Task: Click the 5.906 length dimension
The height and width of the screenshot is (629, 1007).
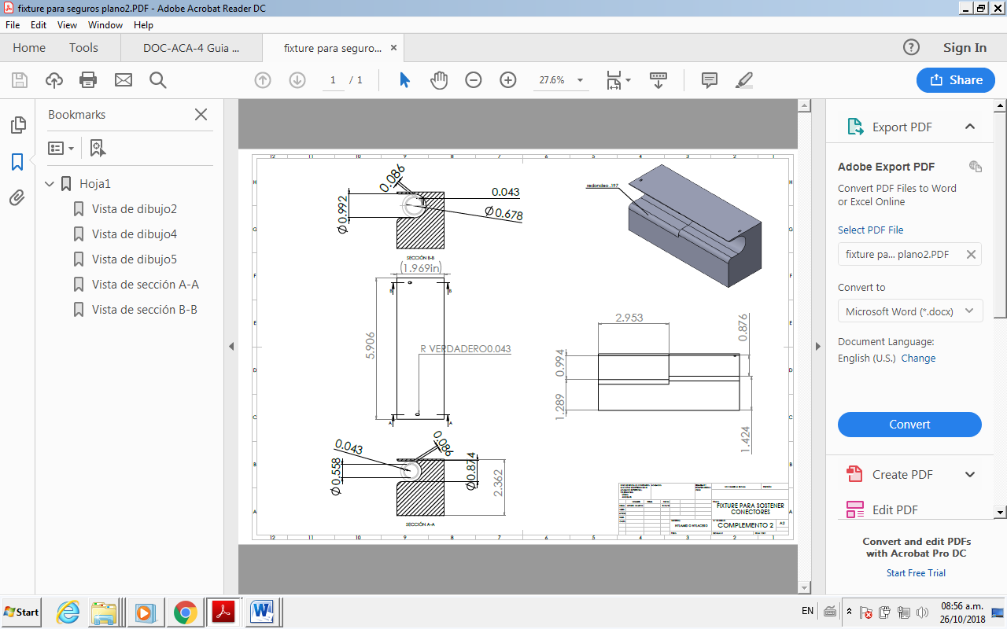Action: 371,345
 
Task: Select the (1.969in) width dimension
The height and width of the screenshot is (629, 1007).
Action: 425,268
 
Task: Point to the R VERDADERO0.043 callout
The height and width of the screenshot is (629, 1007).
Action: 465,348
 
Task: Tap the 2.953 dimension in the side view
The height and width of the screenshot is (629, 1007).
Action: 629,318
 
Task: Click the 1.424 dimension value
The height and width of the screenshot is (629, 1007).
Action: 745,440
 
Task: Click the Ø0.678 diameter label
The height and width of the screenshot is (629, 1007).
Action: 503,213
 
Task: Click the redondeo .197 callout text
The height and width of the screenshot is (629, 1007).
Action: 603,186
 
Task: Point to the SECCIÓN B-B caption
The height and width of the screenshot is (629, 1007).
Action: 420,258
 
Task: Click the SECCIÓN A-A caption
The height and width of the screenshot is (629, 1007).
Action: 420,524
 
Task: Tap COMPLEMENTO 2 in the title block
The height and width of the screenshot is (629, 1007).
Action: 745,524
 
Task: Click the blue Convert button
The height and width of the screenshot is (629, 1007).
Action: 909,425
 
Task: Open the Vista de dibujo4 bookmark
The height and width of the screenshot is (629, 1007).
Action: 134,234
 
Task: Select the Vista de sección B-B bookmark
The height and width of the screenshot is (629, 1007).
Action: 144,310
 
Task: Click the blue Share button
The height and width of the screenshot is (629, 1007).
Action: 955,80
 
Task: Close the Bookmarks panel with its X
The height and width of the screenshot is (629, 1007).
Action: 201,115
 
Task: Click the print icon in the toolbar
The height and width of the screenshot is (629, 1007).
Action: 88,80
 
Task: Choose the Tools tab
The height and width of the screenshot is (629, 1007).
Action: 83,48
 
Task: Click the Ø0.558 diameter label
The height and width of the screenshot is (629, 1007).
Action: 336,476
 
